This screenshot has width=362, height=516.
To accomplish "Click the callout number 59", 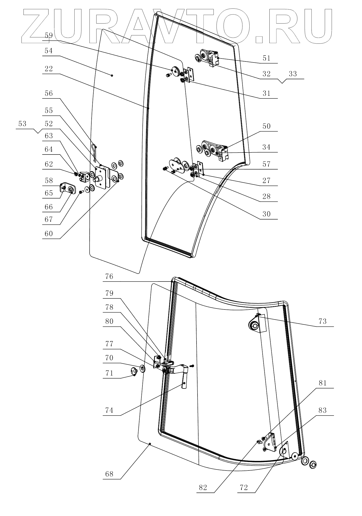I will point(49,35).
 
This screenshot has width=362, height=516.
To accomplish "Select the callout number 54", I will point(49,51).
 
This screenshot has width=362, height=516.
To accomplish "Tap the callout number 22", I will point(49,69).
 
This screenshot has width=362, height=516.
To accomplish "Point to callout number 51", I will point(266,58).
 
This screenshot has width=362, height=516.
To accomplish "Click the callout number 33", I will point(293,74).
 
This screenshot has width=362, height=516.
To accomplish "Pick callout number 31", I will point(266,93).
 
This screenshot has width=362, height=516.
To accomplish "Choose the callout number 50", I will point(266,126).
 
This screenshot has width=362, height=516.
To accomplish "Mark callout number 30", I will point(266,214).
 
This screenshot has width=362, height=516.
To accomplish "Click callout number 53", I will point(22,124).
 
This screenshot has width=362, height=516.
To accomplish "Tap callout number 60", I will point(49,233).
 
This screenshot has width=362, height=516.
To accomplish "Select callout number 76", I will point(109,276).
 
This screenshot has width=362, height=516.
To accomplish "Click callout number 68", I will point(109,474).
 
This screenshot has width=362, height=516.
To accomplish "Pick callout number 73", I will point(322,321).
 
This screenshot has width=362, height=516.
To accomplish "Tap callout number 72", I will point(244,487).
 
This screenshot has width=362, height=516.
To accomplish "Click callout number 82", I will point(203,487).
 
